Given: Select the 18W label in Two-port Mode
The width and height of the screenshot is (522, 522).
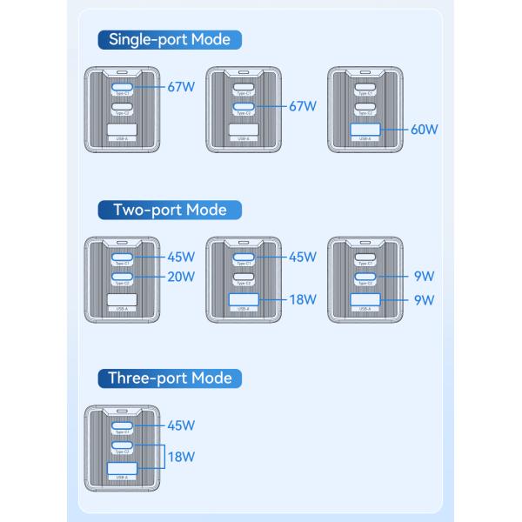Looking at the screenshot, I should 303,300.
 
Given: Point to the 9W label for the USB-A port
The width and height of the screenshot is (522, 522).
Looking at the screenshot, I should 424,300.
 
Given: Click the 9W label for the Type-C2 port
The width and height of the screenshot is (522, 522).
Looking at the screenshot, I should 424,278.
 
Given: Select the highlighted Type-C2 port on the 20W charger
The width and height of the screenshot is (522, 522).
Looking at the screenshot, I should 123,278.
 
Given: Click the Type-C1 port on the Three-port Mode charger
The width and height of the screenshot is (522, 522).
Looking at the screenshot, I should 123,425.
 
